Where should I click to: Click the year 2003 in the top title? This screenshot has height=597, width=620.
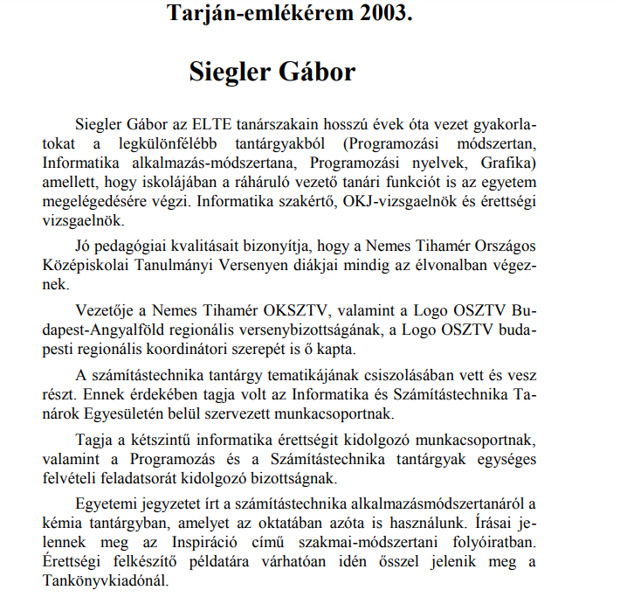click(382, 13)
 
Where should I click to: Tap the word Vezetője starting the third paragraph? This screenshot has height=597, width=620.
click(107, 312)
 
